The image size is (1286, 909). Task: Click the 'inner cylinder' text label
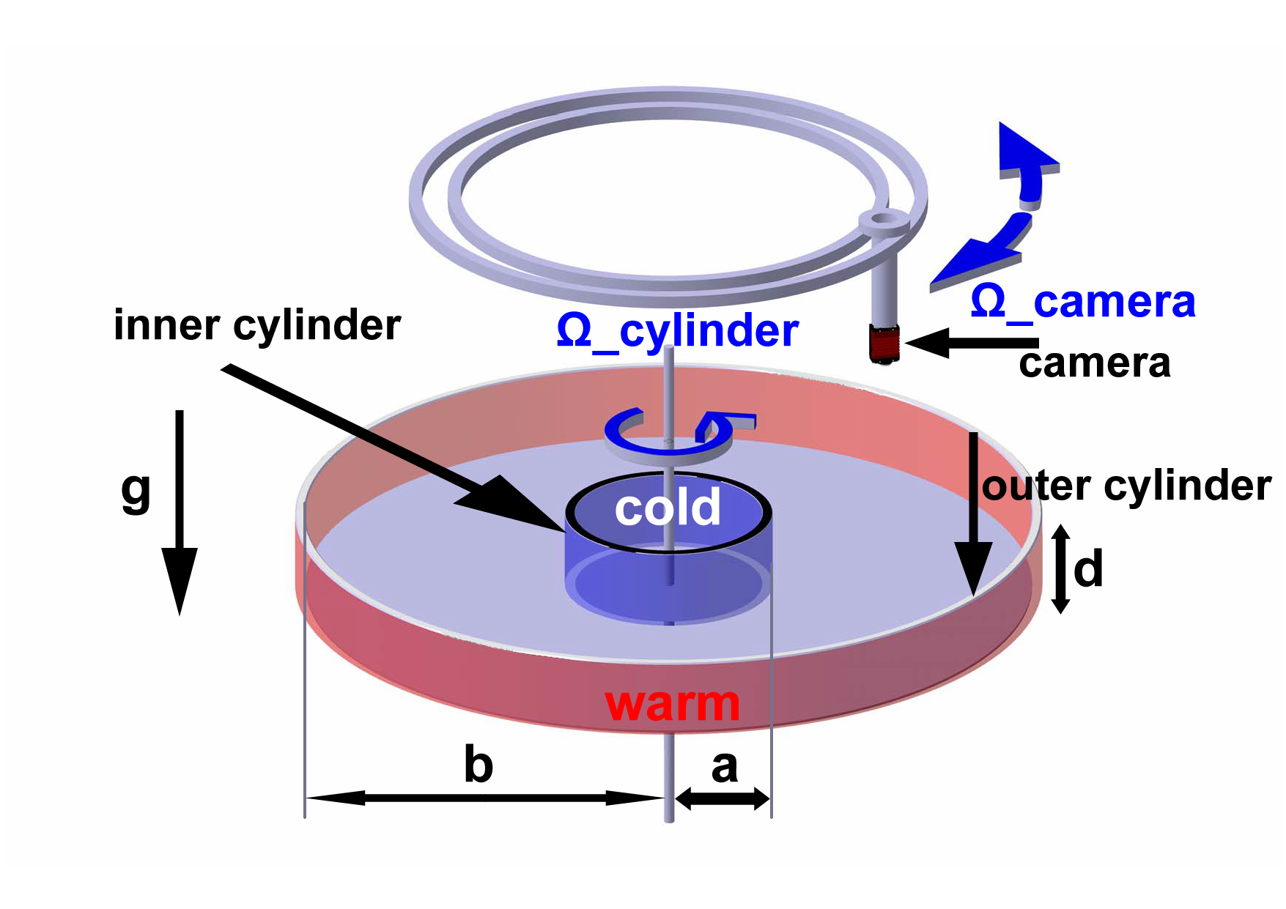coord(257,326)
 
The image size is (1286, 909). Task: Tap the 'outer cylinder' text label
coord(1126,486)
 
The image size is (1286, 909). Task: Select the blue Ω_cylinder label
coord(678,332)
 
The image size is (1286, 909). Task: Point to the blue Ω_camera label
coord(1083,302)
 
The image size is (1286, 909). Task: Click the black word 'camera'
coord(1095,363)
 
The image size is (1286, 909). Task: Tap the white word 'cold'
coord(668,507)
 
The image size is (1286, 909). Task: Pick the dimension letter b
coord(479,764)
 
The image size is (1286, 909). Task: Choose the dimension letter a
coord(725,767)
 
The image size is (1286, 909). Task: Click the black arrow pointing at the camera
coord(972,343)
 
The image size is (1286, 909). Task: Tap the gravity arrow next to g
coord(180,513)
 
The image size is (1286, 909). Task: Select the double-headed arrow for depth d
coord(1060,568)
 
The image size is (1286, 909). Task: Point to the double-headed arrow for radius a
coord(723,798)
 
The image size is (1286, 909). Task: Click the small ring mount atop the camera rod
coord(885,222)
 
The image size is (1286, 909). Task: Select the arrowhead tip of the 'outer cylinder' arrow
coord(973,597)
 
